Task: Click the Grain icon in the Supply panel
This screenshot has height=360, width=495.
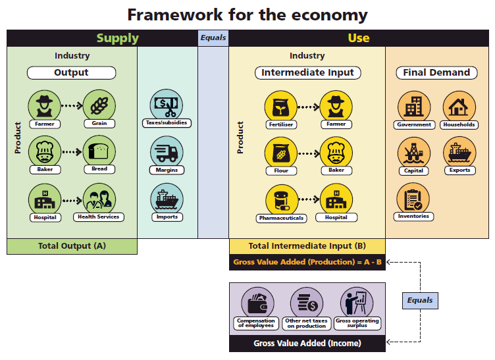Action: [99, 105]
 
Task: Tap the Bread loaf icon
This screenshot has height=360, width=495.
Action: [99, 151]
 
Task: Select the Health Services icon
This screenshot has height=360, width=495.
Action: [99, 198]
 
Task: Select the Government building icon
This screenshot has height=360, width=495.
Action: [414, 106]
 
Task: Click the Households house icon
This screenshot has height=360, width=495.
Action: [459, 106]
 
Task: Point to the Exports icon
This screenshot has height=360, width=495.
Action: [459, 152]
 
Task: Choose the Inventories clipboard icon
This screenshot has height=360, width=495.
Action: [413, 198]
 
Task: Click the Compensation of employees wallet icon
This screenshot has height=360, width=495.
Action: [257, 303]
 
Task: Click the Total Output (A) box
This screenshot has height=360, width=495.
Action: [72, 246]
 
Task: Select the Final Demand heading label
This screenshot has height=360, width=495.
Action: [436, 72]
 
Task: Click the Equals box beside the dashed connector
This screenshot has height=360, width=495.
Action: [419, 300]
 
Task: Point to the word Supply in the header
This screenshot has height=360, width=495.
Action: [118, 38]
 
